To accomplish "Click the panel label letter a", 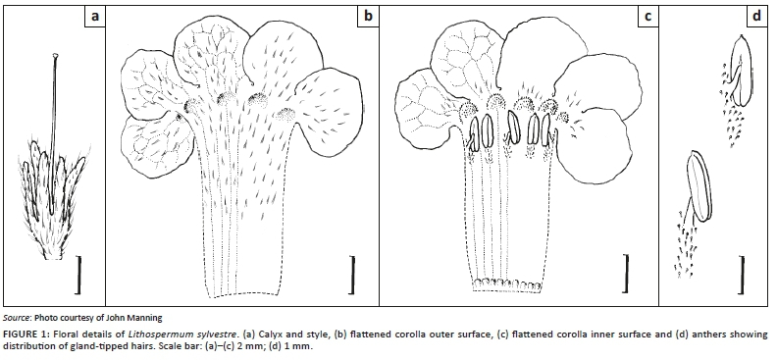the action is [94, 17].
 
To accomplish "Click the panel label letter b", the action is [368, 17].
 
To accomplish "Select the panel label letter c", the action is [647, 17].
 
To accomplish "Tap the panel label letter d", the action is [756, 17].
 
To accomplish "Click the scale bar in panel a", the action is [78, 275].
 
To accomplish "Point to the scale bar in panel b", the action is [352, 275].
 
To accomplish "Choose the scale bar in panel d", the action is [743, 275].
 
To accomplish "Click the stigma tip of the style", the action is [56, 56].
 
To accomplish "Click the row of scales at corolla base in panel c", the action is [507, 285].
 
